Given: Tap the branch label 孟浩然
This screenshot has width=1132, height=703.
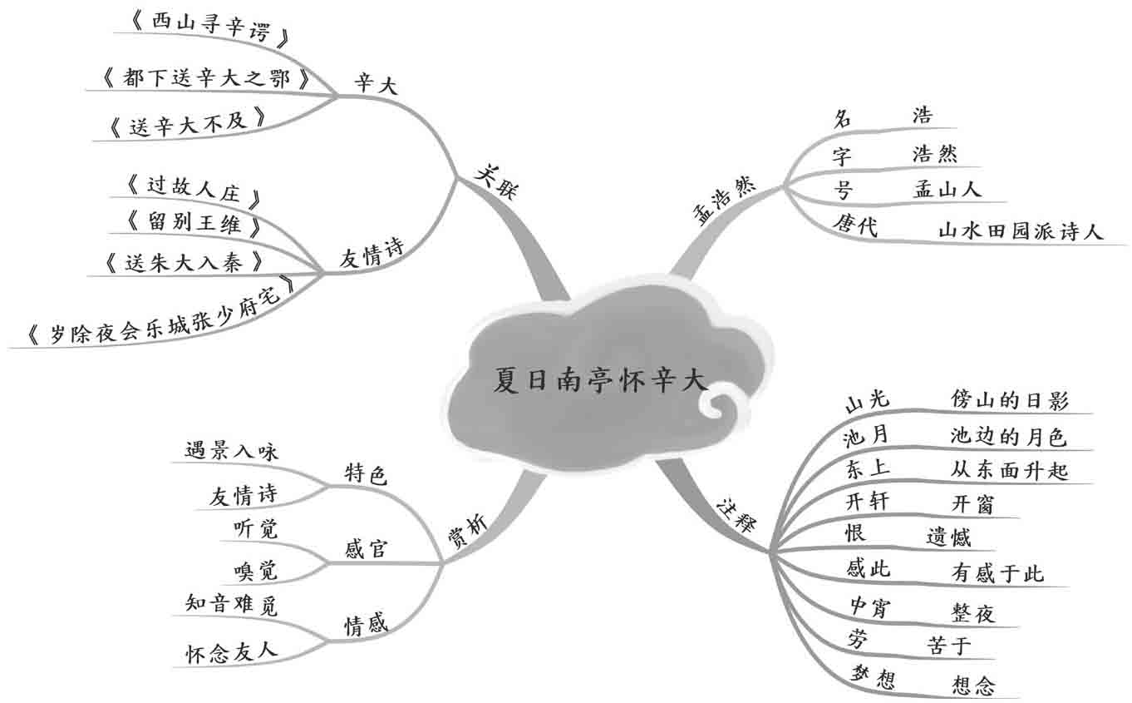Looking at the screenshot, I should [722, 202].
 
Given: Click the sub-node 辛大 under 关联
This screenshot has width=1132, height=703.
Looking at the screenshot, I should [376, 83].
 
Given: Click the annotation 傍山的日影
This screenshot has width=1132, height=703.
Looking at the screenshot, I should [1009, 399].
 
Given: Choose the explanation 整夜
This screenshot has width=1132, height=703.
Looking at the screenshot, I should [972, 613].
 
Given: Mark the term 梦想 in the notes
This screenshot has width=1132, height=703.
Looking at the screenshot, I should [872, 678].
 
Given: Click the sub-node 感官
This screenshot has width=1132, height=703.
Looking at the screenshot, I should [366, 549].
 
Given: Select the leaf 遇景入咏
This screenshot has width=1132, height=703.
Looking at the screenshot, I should [232, 451].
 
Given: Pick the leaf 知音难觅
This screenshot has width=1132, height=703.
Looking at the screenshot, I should [230, 605].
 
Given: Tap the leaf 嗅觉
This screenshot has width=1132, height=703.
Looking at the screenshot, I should [257, 570].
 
